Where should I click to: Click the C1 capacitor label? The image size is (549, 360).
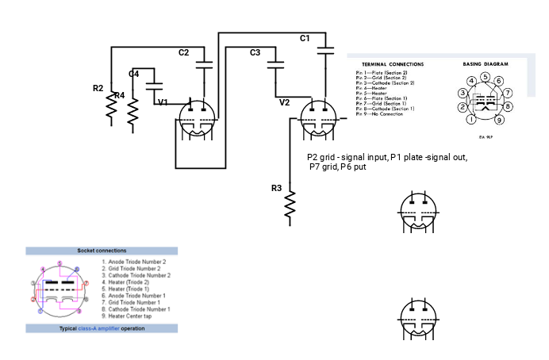click(x=305, y=38)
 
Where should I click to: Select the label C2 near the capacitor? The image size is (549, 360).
click(x=183, y=52)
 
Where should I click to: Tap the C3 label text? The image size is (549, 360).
click(x=255, y=52)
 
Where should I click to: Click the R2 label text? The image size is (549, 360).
click(x=98, y=88)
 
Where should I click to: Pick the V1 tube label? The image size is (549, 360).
click(x=163, y=102)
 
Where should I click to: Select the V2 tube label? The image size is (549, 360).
click(x=284, y=102)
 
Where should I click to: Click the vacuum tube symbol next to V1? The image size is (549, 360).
click(x=194, y=120)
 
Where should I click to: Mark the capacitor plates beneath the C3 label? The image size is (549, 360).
click(x=276, y=64)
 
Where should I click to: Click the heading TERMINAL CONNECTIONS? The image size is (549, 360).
click(x=393, y=64)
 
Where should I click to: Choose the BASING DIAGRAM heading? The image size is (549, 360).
click(x=486, y=64)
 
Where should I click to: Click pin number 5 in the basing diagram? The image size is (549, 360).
click(x=486, y=77)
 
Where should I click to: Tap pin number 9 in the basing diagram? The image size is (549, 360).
click(x=499, y=121)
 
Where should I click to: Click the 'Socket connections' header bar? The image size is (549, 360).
click(x=102, y=251)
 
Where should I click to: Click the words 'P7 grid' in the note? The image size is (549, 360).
click(x=323, y=168)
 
